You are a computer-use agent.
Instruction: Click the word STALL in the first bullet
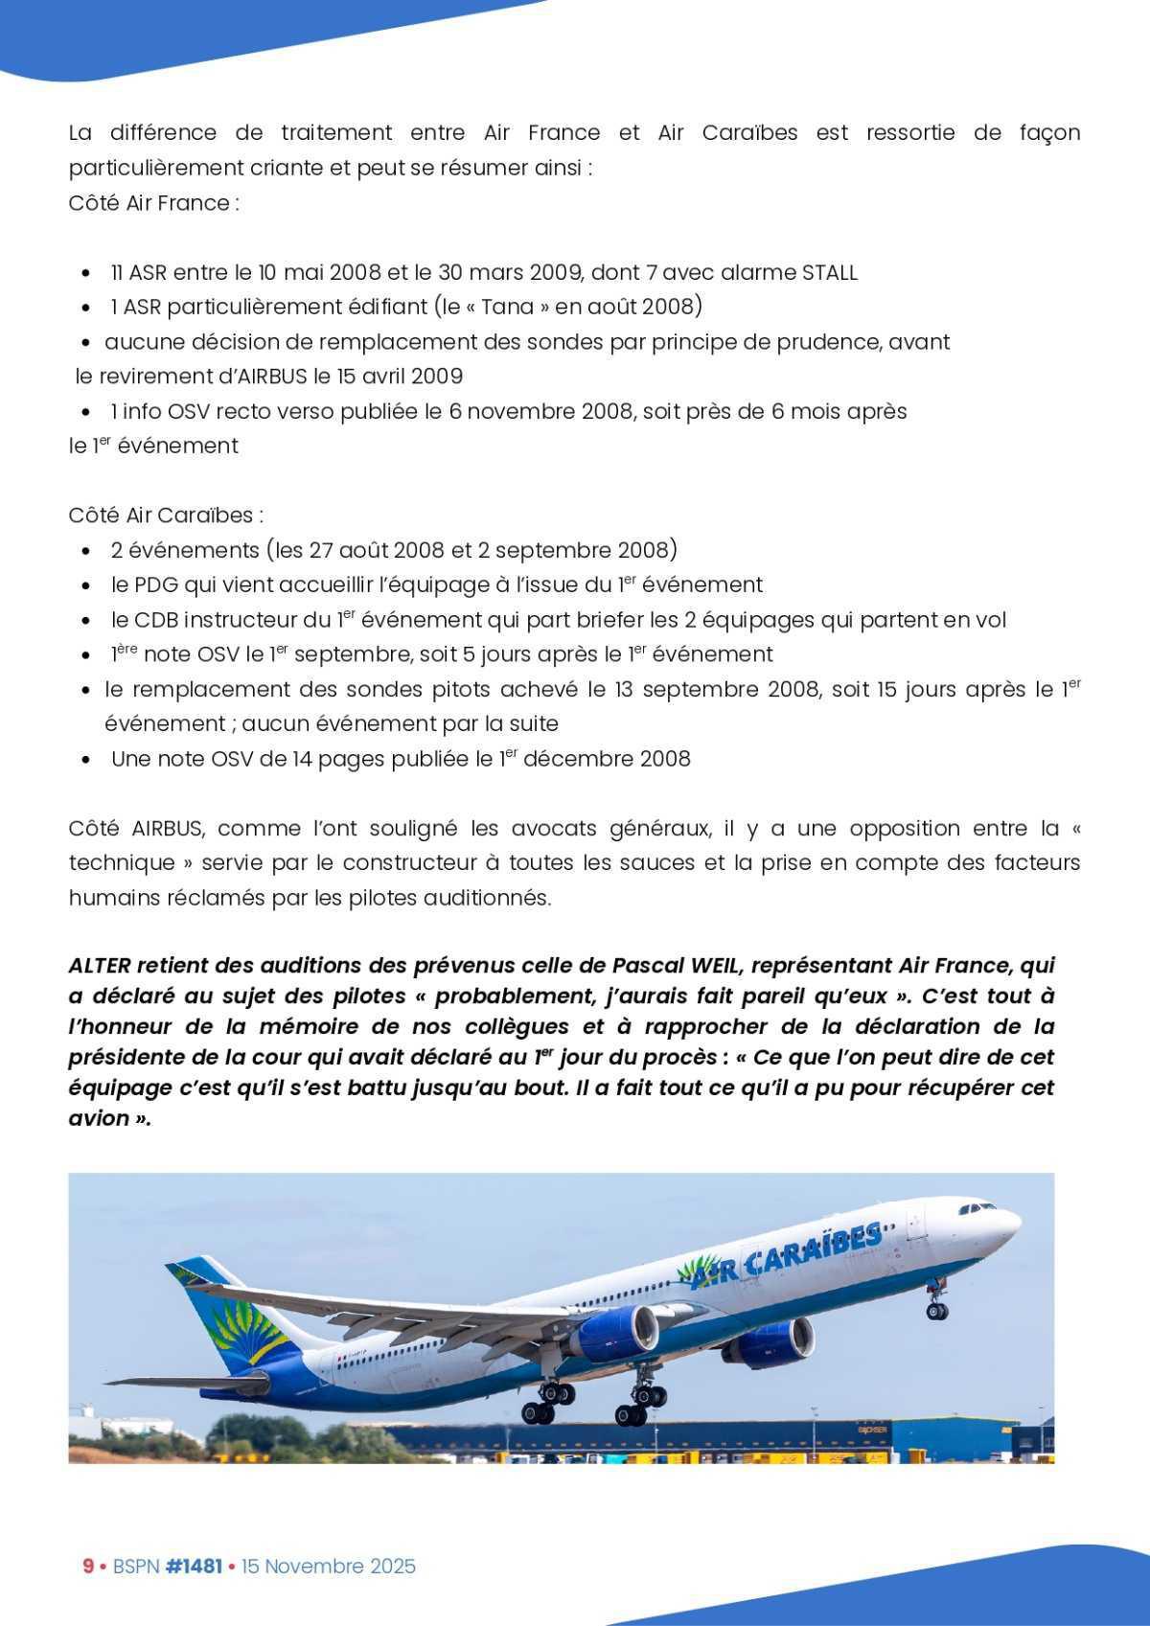coord(829,272)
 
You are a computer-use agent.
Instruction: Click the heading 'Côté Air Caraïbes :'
coord(166,515)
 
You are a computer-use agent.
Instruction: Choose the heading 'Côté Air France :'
coord(153,203)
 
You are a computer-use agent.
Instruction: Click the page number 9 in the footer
coord(88,1566)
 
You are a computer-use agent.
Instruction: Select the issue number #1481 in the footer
coord(194,1566)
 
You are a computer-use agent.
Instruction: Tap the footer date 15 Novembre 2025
coord(329,1566)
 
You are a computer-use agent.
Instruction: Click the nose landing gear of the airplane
coord(935,1305)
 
